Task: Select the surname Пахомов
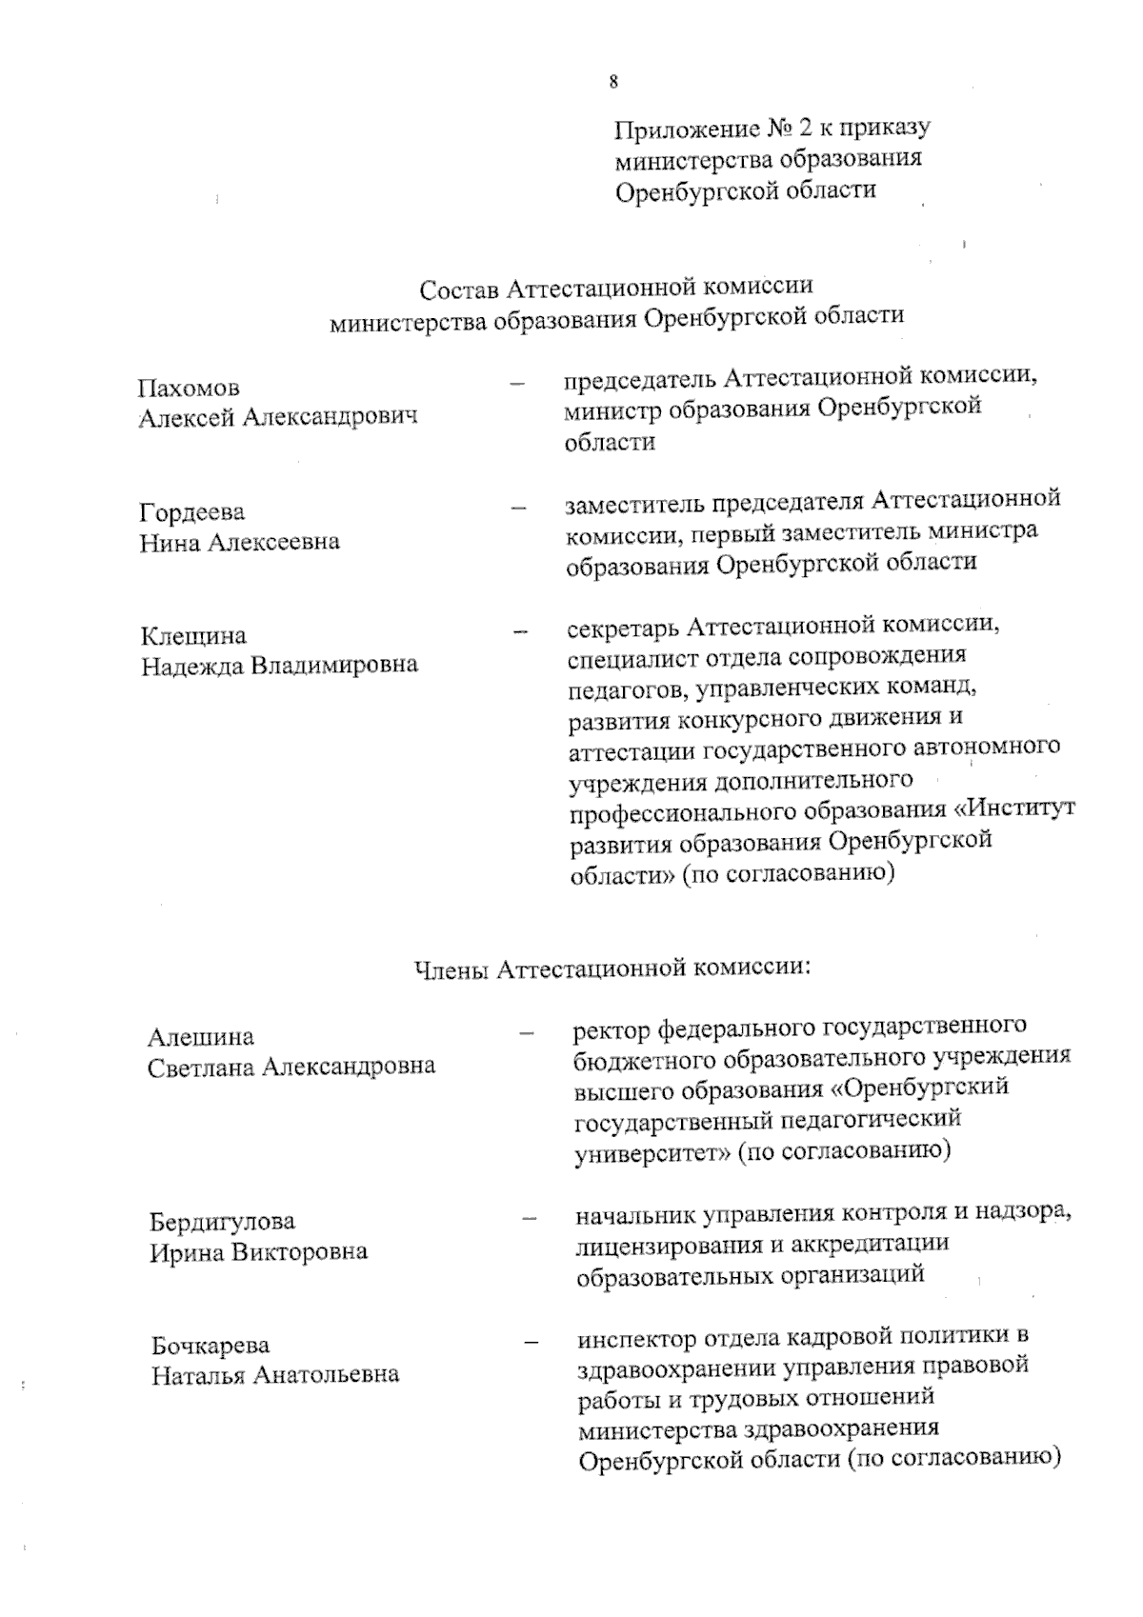pyautogui.click(x=189, y=389)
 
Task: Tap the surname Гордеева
pyautogui.click(x=192, y=512)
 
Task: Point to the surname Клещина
pyautogui.click(x=193, y=635)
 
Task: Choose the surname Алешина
pyautogui.click(x=201, y=1037)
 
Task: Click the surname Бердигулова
pyautogui.click(x=223, y=1221)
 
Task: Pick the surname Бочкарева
pyautogui.click(x=211, y=1346)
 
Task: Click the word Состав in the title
pyautogui.click(x=459, y=288)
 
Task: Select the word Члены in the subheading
pyautogui.click(x=451, y=969)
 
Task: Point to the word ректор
pyautogui.click(x=612, y=1028)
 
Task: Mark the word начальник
pyautogui.click(x=636, y=1214)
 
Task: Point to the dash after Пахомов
pyautogui.click(x=518, y=384)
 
